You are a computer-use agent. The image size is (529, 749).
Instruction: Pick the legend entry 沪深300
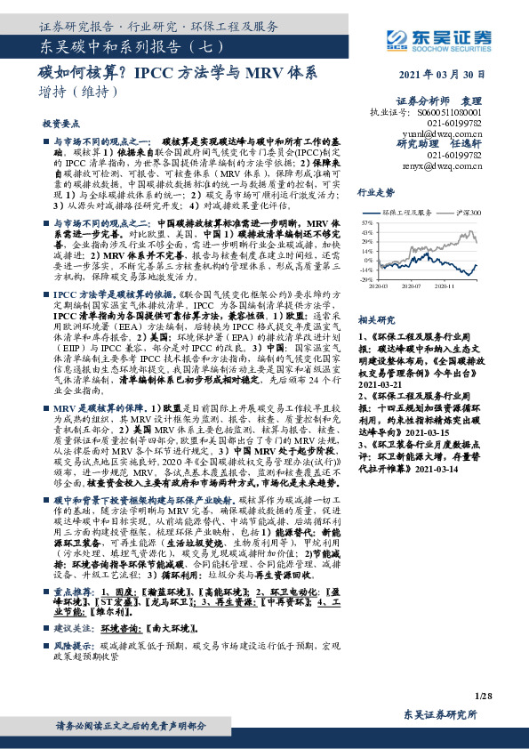click(x=468, y=213)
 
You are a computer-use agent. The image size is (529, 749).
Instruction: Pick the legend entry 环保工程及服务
click(x=405, y=213)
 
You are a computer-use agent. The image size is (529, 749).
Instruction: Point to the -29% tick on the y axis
click(x=368, y=279)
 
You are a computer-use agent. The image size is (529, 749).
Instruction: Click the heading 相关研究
click(x=375, y=319)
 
